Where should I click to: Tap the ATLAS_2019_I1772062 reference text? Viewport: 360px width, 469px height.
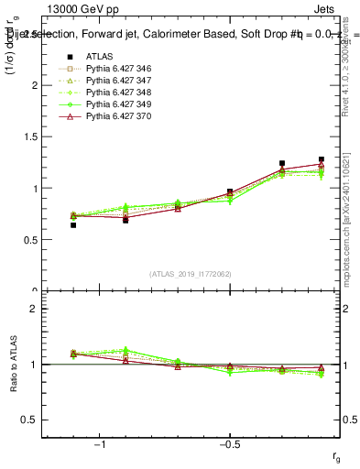click(192, 274)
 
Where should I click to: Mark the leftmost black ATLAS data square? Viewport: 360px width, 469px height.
click(73, 224)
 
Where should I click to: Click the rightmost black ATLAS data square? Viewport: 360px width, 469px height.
click(321, 159)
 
